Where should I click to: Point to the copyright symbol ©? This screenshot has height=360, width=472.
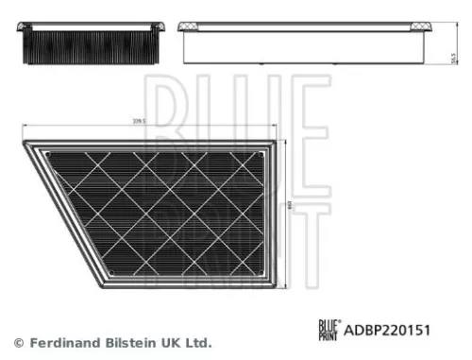[x=18, y=342]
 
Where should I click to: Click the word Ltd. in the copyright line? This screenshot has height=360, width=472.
[x=196, y=342]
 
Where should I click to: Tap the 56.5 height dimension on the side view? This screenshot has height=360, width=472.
[x=454, y=59]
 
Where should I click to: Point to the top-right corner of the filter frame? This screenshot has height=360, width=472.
[x=275, y=144]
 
